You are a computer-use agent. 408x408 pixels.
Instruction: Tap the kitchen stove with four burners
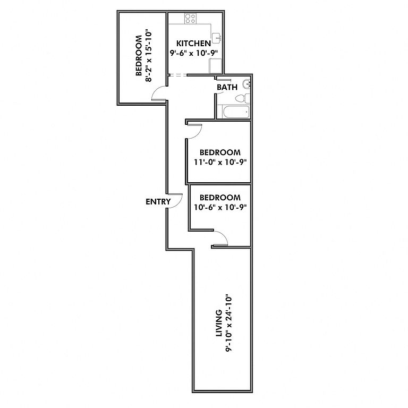pyautogui.click(x=191, y=19)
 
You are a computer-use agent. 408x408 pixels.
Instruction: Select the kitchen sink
pyautogui.click(x=217, y=37)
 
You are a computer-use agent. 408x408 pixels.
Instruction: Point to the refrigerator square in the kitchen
pyautogui.click(x=216, y=65)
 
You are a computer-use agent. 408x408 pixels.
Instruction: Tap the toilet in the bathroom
pyautogui.click(x=242, y=98)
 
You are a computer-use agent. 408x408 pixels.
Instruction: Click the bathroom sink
pyautogui.click(x=245, y=84)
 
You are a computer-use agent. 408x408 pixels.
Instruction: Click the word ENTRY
pyautogui.click(x=158, y=202)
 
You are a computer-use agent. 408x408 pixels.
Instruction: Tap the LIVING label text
pyautogui.click(x=218, y=324)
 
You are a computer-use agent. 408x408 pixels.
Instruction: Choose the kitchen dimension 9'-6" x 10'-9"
pyautogui.click(x=194, y=53)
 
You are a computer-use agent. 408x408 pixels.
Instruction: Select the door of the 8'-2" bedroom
pyautogui.click(x=158, y=94)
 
